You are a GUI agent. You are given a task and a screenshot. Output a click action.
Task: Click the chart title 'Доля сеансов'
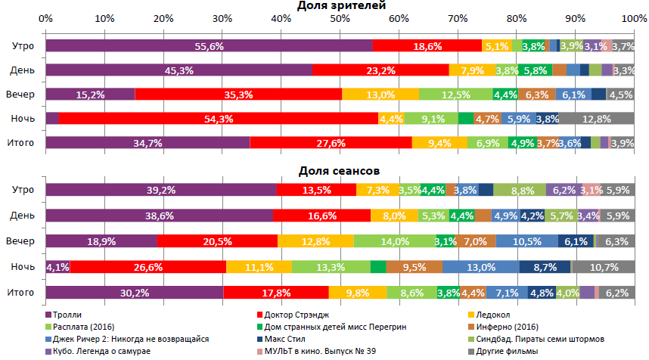pos(340,172)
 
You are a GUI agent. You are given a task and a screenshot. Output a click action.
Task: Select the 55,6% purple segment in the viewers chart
pos(209,46)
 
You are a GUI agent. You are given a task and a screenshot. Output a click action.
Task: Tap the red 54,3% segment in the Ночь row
pos(218,119)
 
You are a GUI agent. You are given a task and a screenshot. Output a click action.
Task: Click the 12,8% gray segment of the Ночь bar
pos(597,119)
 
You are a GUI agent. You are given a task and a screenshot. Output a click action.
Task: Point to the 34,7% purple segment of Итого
pos(147,143)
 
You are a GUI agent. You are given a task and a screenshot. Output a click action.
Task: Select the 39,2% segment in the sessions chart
pos(160,191)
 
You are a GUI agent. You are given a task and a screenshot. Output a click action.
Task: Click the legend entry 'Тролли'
pos(69,314)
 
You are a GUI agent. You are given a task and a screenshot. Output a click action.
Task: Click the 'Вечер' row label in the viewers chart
pos(20,95)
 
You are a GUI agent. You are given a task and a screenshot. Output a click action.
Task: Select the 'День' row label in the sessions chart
pos(22,216)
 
